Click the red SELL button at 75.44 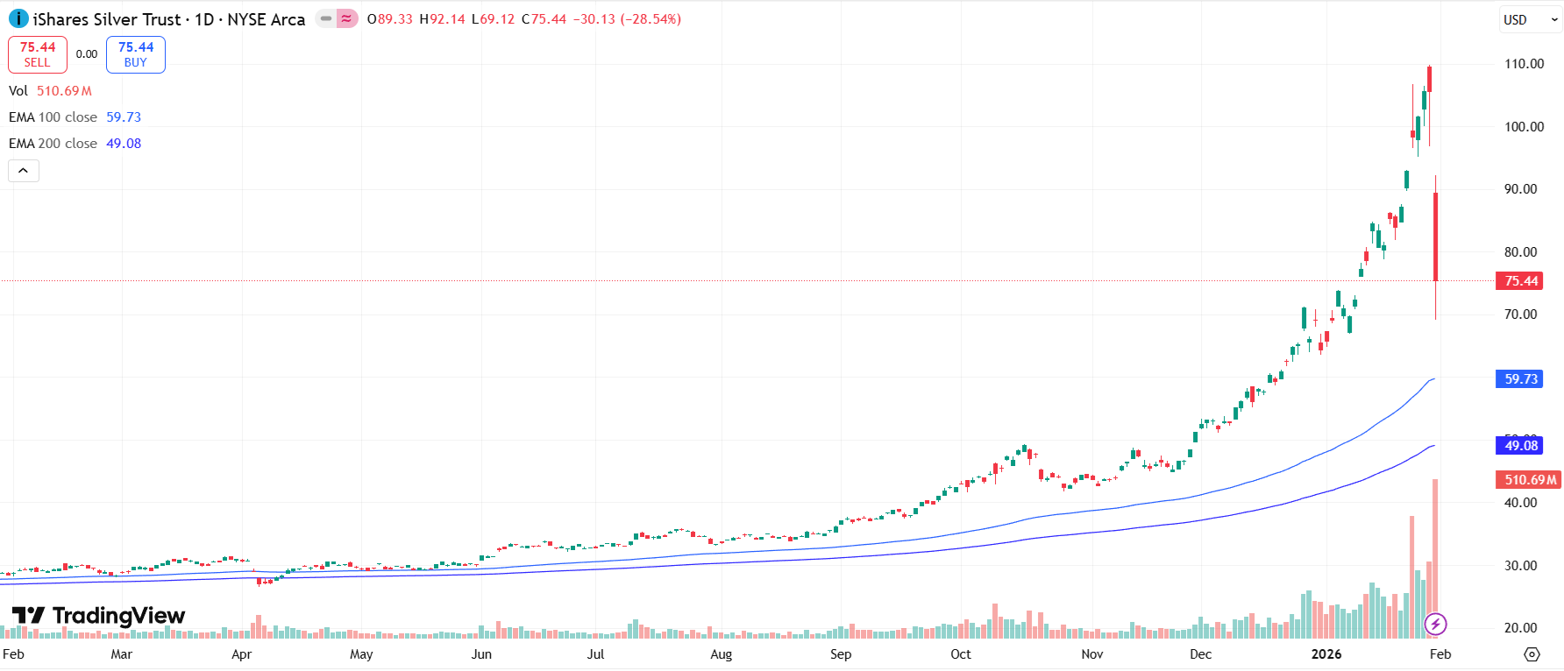[38, 54]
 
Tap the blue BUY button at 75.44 [136, 54]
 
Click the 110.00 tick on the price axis [1524, 64]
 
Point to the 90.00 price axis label [1520, 189]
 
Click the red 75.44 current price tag [1520, 281]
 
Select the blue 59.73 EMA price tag [1520, 379]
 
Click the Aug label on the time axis [721, 654]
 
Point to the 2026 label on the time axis [1326, 654]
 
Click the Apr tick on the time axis [241, 654]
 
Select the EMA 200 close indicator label [53, 144]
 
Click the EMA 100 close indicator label [53, 117]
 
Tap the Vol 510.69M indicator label [50, 91]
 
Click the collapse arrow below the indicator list [24, 171]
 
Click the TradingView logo [98, 616]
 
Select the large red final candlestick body [1435, 237]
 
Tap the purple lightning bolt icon [1435, 625]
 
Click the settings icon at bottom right [1532, 654]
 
